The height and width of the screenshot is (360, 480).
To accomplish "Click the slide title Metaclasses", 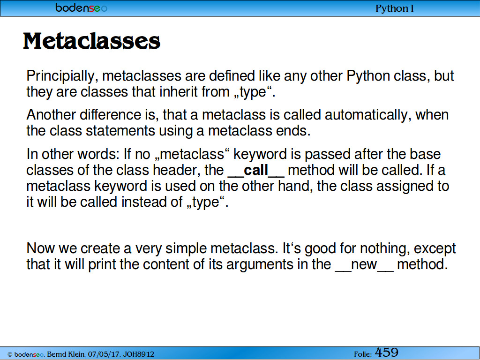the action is click(91, 41).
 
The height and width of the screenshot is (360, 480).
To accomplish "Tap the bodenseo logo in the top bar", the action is click(82, 7).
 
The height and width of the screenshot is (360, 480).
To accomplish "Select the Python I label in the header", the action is click(395, 8).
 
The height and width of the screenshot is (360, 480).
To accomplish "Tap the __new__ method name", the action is click(364, 265).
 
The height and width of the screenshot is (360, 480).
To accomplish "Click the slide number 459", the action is click(387, 352).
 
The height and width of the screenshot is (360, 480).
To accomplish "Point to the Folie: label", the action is click(363, 354).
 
